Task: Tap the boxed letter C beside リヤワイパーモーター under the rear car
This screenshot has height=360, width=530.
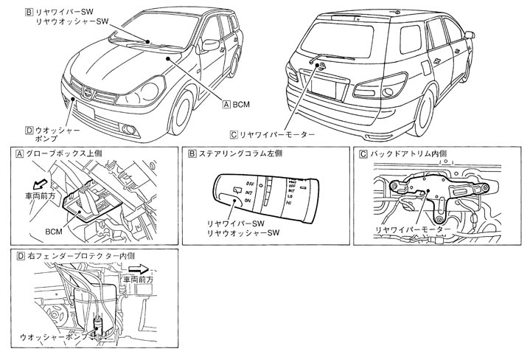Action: [x=234, y=135]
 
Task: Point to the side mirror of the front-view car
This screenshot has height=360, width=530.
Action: [x=211, y=44]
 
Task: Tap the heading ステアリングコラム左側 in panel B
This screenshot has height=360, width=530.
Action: [x=237, y=153]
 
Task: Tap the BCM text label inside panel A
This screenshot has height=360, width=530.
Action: [x=53, y=230]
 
